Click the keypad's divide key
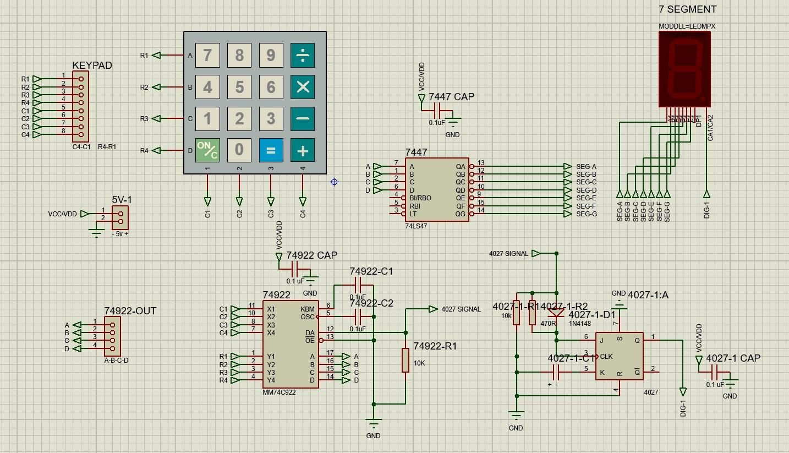[303, 55]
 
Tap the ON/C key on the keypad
[207, 150]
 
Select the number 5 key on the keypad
[239, 87]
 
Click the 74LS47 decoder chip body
[437, 190]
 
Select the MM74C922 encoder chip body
[290, 345]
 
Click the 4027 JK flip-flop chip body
[619, 356]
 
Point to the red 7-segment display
[684, 69]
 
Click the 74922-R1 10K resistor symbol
[406, 360]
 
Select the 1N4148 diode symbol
[556, 313]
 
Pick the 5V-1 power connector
[120, 217]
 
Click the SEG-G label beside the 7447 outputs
[586, 214]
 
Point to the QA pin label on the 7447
[461, 166]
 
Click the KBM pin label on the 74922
[308, 309]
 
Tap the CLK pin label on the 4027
[606, 356]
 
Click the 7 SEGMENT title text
[687, 9]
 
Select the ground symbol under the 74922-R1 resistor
[374, 424]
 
